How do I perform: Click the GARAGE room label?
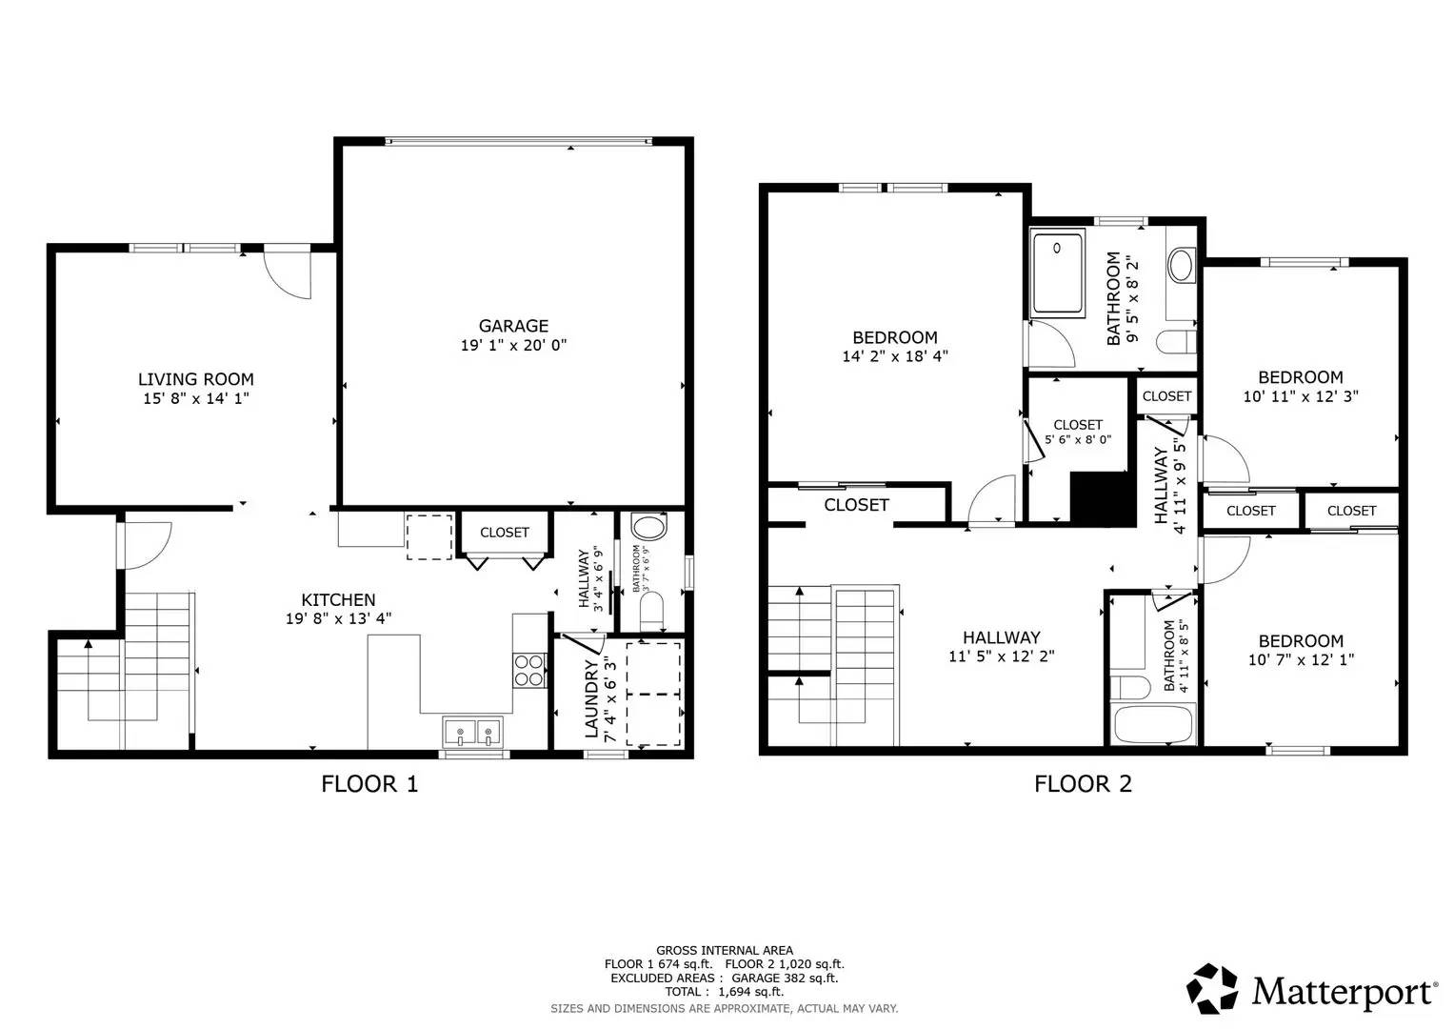coord(513,326)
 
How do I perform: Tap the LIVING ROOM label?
coord(196,379)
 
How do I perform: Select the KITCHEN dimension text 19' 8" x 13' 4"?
coord(339,618)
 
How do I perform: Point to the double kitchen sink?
coord(473,733)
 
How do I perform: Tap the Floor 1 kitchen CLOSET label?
coord(504,533)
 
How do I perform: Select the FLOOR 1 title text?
coord(369,784)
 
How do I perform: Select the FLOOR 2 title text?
coord(1083,784)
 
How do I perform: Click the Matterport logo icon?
coord(1212,988)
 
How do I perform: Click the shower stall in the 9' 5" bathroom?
coord(1058,273)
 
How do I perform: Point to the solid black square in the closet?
coord(1103,497)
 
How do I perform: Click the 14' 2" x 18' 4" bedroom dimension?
coord(894,357)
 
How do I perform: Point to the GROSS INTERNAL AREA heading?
coord(724,950)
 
